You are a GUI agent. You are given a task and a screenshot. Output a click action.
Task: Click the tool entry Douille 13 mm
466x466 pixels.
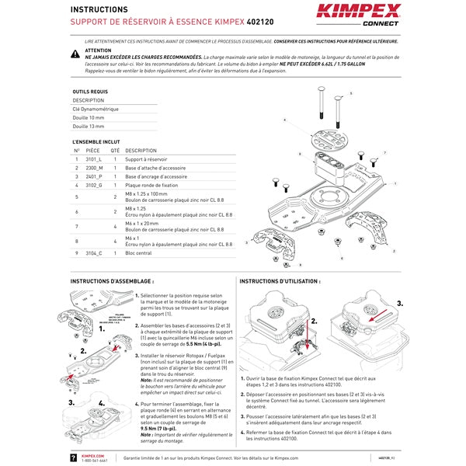click(92, 126)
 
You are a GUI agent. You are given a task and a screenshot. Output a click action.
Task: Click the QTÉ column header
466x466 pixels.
click(115, 151)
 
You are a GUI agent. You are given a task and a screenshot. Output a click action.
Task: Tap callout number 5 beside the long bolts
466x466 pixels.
click(350, 93)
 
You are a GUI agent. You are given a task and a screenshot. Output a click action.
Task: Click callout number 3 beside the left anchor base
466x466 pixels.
click(246, 242)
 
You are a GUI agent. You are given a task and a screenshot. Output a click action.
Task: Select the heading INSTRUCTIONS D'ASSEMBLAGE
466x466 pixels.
click(112, 281)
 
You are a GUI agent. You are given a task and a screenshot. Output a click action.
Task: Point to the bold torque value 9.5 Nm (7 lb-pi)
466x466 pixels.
click(158, 428)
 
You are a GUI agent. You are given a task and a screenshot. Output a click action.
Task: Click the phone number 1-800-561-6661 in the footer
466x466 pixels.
click(94, 461)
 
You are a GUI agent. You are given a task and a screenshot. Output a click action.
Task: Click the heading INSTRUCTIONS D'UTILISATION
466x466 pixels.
click(279, 281)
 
